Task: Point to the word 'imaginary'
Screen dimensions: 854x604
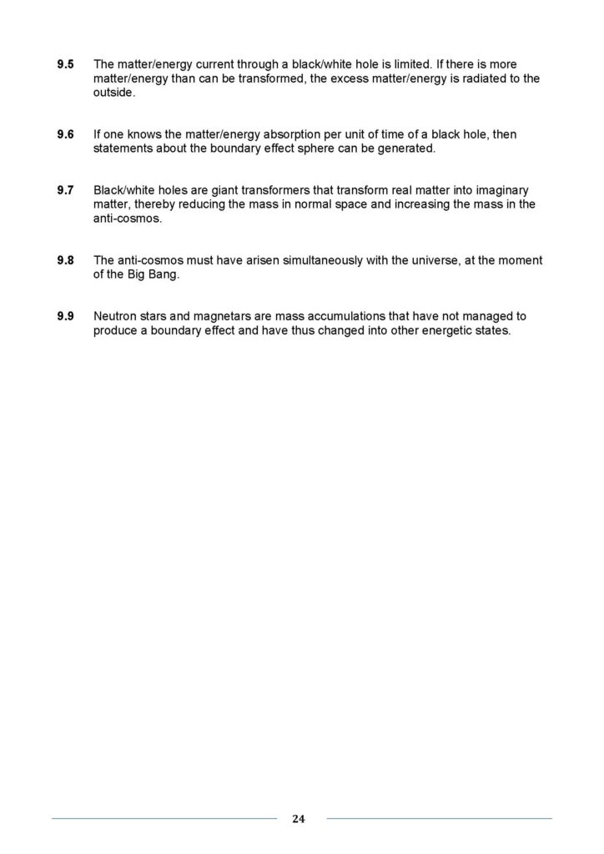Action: point(499,190)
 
